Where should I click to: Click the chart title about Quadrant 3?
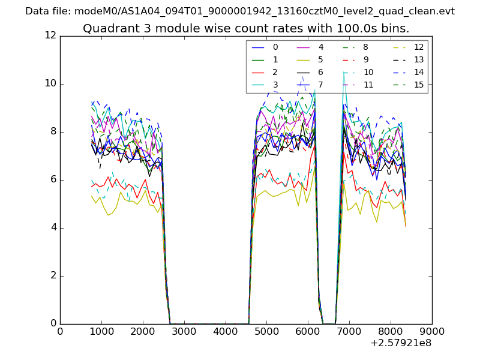coord(246,28)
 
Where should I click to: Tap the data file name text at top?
coord(240,11)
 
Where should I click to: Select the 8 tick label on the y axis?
coord(53,132)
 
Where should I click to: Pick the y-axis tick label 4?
coord(53,228)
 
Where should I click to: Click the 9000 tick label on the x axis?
coord(432,331)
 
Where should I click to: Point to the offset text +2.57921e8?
coord(401,343)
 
